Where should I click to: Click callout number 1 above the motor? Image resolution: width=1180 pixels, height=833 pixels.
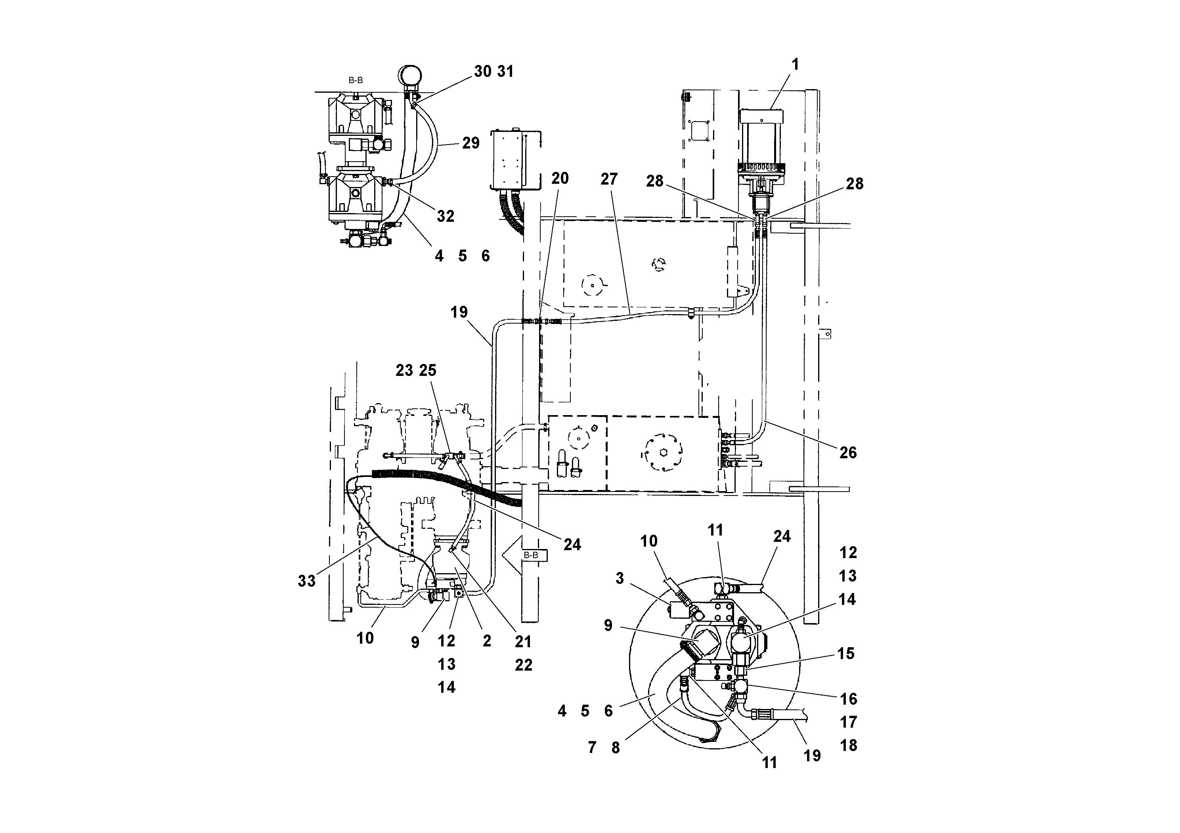[795, 65]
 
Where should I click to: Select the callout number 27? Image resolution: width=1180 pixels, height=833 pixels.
[609, 179]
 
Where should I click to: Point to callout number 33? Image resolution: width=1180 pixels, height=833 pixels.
[307, 581]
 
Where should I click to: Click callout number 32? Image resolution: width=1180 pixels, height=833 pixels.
[446, 216]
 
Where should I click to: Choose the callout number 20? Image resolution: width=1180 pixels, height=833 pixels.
[560, 178]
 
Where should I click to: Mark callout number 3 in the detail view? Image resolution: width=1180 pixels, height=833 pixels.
[620, 578]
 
